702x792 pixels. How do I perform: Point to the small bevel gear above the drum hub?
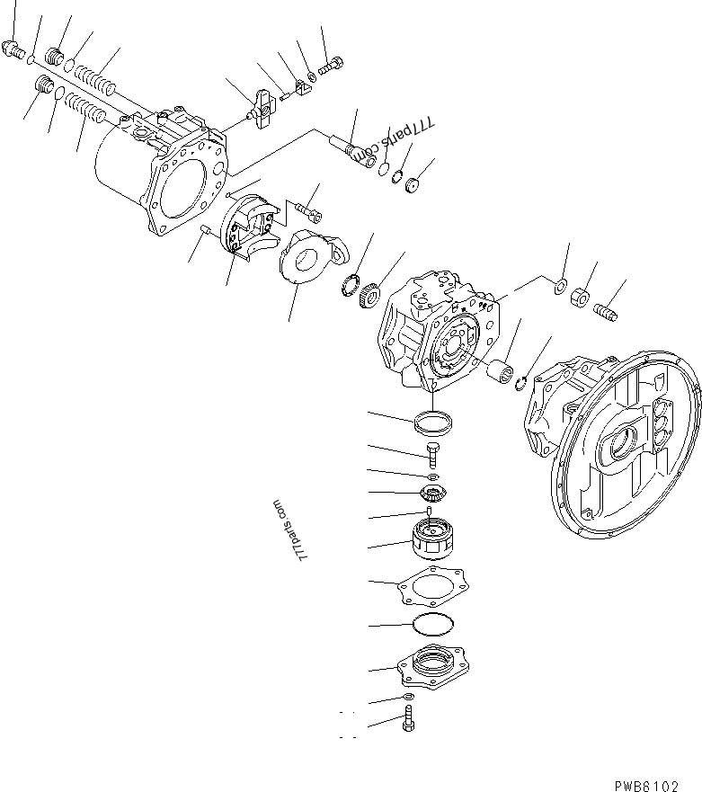click(x=431, y=494)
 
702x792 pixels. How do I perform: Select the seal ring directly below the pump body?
click(x=433, y=420)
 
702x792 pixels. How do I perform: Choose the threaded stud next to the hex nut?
click(x=609, y=307)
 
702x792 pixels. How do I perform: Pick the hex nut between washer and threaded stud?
click(x=582, y=296)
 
